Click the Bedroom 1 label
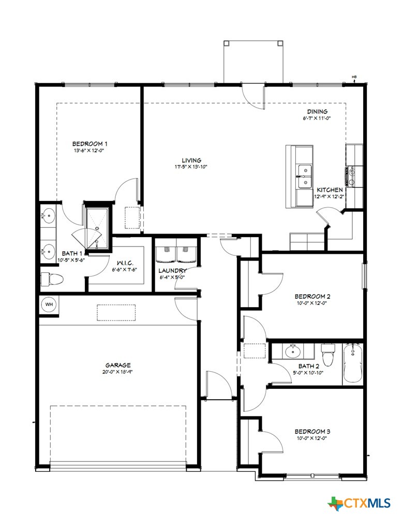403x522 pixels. point(89,143)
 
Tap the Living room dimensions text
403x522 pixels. point(191,167)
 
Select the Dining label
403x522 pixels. point(317,111)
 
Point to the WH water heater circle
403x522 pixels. point(49,304)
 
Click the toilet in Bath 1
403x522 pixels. point(52,279)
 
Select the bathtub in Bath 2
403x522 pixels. point(353,364)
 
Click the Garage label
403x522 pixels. point(119,365)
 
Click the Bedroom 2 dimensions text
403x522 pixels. point(312,303)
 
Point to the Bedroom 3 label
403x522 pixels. point(312,431)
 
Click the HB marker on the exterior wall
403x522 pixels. point(354,78)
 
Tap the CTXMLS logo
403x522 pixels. point(359,502)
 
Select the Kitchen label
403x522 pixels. point(330,190)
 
